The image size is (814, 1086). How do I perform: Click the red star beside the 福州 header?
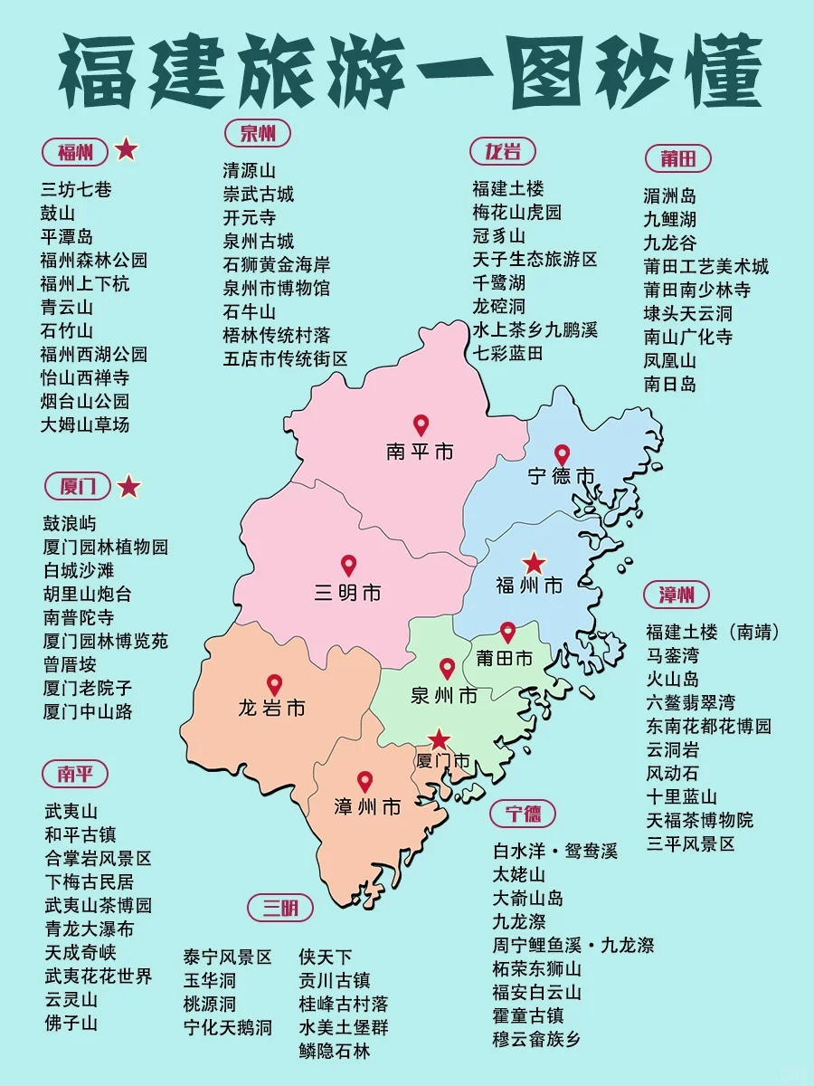click(x=127, y=149)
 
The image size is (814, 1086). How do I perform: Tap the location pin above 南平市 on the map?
click(x=421, y=424)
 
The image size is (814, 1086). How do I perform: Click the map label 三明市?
click(x=348, y=594)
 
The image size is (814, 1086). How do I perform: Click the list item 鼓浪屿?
click(x=70, y=524)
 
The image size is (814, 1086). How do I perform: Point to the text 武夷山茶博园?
click(x=99, y=905)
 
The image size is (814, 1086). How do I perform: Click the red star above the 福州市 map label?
click(x=535, y=563)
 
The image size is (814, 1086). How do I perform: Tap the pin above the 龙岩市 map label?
click(x=274, y=685)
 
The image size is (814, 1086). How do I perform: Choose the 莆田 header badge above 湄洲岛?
click(x=677, y=158)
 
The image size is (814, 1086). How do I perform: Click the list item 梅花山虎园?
click(x=516, y=213)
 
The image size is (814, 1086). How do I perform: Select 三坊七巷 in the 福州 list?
click(x=77, y=190)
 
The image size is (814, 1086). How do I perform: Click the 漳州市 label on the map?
click(x=367, y=806)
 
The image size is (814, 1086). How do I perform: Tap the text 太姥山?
click(x=519, y=875)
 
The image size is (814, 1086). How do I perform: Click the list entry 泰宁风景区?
click(x=228, y=957)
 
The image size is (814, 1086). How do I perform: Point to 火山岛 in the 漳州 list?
click(x=672, y=679)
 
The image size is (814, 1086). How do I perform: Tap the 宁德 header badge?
click(x=524, y=814)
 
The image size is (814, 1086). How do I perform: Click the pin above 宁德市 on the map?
click(x=562, y=454)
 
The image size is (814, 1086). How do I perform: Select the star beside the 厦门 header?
click(x=129, y=487)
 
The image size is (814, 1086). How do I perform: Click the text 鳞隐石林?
click(x=335, y=1051)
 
